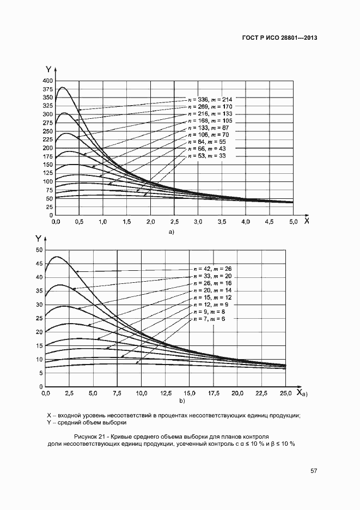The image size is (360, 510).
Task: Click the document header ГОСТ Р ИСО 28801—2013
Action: (279, 38)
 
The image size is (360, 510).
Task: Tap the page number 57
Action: (314, 471)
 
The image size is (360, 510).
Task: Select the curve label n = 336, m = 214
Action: (210, 99)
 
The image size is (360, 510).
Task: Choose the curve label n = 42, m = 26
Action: (213, 269)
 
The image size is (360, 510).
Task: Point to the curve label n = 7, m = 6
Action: (209, 318)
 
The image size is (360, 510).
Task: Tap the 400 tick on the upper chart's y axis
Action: (47, 81)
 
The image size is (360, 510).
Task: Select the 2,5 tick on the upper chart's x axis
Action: (174, 222)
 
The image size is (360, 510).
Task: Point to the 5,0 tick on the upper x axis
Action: (293, 222)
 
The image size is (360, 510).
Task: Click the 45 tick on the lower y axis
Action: (39, 264)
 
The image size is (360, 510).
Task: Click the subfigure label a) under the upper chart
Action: (171, 232)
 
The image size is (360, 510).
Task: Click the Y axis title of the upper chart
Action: (48, 69)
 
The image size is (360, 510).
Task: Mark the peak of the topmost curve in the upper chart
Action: (63, 87)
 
